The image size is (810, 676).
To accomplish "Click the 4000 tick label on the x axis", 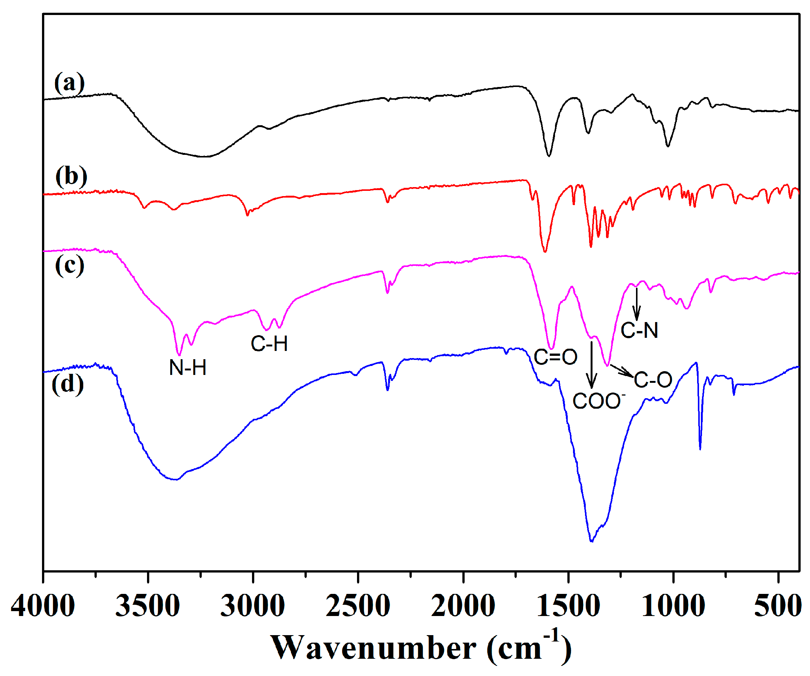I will tap(43, 606).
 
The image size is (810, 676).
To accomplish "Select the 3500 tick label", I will tap(148, 606).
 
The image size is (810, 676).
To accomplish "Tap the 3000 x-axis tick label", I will tap(253, 606).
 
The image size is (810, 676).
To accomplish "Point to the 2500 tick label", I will tap(358, 606).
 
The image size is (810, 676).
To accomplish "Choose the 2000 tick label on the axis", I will tap(463, 606).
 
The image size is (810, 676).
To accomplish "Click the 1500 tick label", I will tap(568, 606).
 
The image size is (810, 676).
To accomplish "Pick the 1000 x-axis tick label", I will tap(673, 606).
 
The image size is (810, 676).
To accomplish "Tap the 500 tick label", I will tap(777, 606).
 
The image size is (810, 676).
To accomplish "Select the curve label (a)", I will tap(69, 83).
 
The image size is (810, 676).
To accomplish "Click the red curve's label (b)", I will tap(71, 177).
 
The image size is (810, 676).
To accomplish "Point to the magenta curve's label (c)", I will tap(70, 265).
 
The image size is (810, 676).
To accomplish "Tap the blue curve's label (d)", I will tap(68, 384).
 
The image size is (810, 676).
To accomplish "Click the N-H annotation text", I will tap(188, 367).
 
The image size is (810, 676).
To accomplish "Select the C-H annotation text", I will tap(269, 343).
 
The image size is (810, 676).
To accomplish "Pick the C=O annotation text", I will tap(555, 357).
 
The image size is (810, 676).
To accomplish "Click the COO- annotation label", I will tap(598, 401).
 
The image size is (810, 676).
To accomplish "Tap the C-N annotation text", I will tap(639, 330).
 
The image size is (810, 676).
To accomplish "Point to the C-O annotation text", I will tap(653, 380).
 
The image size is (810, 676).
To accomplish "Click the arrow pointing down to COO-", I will tap(592, 364).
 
